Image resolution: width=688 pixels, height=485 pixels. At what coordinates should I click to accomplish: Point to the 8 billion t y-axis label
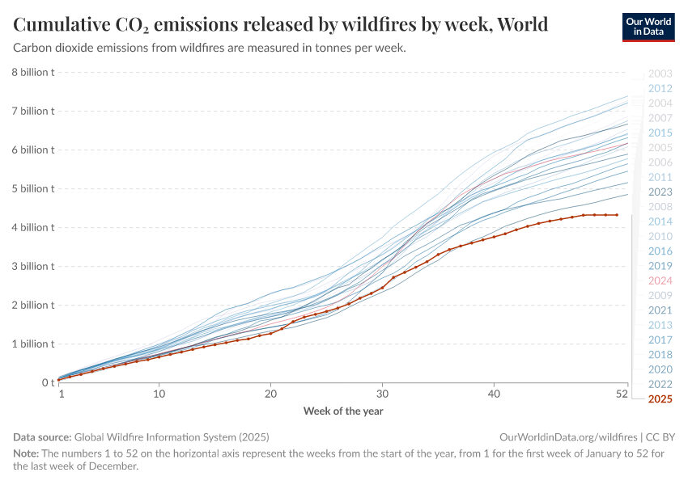click(x=32, y=72)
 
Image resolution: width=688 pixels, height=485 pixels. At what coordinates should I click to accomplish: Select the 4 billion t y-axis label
click(x=32, y=227)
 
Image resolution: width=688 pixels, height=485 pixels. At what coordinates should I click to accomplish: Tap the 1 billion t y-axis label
click(x=32, y=344)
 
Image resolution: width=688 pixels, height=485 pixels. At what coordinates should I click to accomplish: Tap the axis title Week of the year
click(x=343, y=411)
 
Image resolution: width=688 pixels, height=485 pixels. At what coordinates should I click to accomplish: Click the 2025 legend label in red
click(x=660, y=399)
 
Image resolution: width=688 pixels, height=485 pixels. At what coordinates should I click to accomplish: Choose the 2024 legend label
click(x=660, y=280)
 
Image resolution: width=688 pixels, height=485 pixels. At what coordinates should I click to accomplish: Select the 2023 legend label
click(x=660, y=192)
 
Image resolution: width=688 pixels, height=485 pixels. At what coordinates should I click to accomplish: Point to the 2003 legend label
click(x=660, y=74)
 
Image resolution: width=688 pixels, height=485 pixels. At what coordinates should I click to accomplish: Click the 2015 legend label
click(x=660, y=133)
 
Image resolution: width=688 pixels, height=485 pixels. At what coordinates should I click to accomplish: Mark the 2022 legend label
click(x=660, y=384)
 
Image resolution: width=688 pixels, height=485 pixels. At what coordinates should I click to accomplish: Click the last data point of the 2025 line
click(x=617, y=215)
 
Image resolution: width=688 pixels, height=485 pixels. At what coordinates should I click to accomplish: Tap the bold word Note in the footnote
click(x=26, y=453)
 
